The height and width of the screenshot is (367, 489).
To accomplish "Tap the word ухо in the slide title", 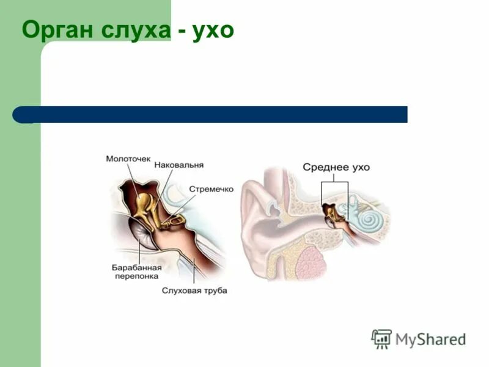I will (x=213, y=31).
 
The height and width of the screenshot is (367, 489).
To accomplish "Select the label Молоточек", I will (x=128, y=159).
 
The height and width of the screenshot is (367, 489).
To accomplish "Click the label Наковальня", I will (x=178, y=165).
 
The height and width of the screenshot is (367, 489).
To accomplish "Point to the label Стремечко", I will (x=211, y=190).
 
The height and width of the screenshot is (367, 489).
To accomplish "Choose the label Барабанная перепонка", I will (x=136, y=272).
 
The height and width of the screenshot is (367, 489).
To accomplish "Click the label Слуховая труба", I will (x=194, y=291).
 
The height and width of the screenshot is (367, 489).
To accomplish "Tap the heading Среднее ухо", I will (x=336, y=167).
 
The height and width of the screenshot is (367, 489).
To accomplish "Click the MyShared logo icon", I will (x=381, y=338).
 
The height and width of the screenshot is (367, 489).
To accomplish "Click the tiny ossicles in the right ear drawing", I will (x=331, y=212).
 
